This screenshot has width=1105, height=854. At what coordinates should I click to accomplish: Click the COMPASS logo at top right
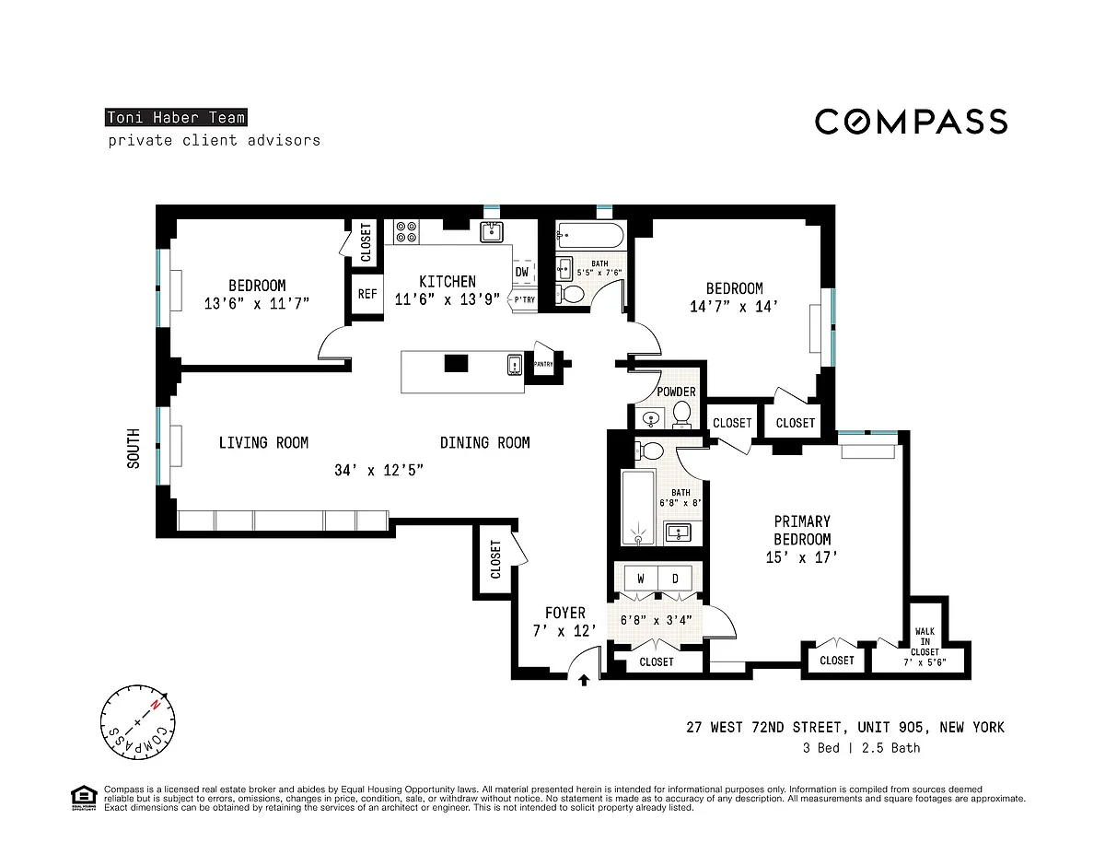point(911,122)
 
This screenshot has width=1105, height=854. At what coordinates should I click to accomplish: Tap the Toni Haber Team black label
point(176,118)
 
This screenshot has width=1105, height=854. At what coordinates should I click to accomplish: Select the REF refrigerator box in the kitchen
point(367,294)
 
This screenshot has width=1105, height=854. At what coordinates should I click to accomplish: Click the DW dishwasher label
point(522,272)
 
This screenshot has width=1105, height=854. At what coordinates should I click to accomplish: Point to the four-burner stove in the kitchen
point(406,232)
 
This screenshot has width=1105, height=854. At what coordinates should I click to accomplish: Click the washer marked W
point(641,579)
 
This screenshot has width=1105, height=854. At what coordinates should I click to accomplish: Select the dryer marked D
point(675,579)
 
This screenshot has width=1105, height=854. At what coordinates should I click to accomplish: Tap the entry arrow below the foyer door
point(584,680)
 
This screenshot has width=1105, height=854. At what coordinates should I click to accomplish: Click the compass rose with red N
point(138,721)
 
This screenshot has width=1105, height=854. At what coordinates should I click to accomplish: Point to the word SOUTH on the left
point(134,448)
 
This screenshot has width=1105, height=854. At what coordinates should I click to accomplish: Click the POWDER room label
point(676,392)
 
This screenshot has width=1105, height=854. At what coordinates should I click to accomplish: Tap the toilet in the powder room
point(681,414)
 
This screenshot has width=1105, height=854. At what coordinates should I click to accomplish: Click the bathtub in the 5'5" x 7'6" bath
point(590,235)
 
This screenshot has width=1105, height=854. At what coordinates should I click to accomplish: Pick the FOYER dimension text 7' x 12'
point(564,631)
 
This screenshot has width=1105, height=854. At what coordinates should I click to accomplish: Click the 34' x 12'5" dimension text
point(378,470)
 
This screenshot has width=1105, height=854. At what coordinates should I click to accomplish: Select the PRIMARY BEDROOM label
point(802,530)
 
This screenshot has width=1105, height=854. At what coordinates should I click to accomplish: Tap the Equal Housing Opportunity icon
point(84,798)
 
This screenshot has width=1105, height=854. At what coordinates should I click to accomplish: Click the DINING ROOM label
point(484,442)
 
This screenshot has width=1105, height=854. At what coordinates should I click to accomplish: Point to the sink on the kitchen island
point(515,365)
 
